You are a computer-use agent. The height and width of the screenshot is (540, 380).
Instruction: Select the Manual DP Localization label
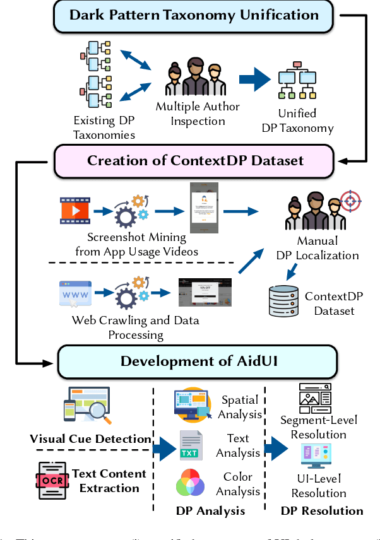tap(326, 248)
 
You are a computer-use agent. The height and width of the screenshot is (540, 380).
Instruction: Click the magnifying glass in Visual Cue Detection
tap(98, 413)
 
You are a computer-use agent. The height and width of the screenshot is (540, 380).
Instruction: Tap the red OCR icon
tap(52, 479)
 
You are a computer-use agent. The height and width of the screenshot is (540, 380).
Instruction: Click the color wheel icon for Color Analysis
tap(190, 483)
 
